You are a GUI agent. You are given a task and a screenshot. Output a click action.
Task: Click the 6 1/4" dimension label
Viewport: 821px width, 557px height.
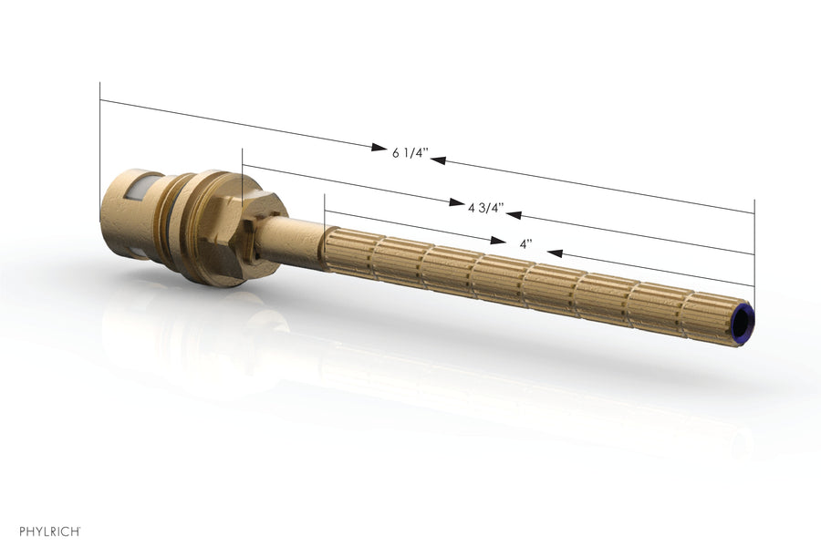410,153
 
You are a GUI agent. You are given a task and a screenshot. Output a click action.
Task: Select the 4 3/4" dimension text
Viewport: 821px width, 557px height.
486,209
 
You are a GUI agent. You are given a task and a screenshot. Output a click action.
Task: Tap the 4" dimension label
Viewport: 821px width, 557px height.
525,244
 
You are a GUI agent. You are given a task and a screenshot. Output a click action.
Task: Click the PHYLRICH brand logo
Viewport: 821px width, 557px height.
50,531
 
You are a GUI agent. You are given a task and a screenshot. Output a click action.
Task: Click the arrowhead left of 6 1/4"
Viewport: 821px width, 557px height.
379,147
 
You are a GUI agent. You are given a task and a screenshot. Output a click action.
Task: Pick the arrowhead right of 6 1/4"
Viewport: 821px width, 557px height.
438,160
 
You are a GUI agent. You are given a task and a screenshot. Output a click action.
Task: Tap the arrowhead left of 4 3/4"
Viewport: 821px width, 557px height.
456,202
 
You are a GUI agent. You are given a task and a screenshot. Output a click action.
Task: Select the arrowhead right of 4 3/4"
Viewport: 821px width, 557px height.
514,214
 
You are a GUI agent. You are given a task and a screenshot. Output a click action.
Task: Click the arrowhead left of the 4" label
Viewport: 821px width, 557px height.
498,241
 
